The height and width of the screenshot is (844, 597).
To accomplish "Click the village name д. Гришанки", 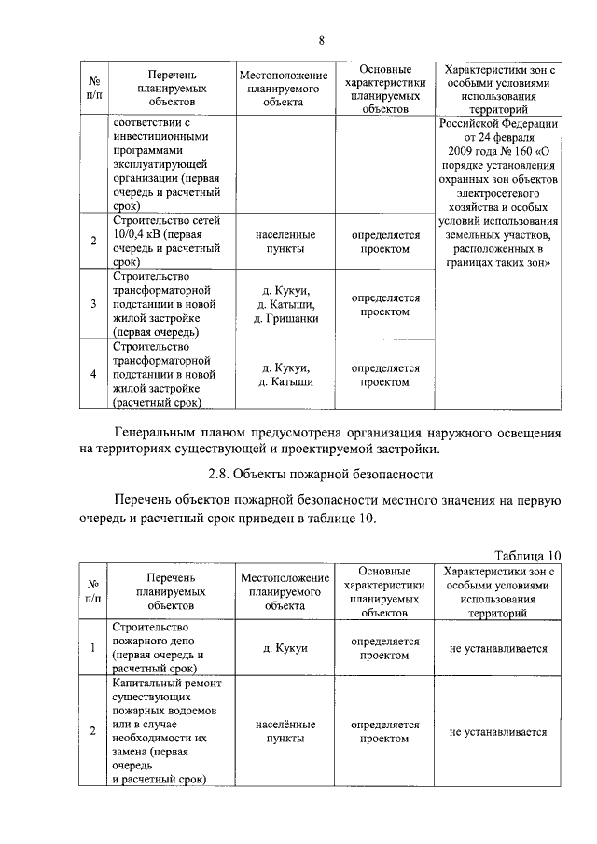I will (285, 318).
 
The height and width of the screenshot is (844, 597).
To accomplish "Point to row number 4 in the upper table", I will (93, 375).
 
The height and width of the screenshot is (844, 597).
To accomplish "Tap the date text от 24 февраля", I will (499, 137).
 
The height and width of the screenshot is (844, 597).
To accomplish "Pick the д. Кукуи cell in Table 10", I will (285, 647).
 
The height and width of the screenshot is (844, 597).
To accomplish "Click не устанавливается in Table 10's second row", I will (497, 732).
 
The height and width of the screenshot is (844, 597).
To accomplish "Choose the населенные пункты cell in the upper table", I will (285, 242).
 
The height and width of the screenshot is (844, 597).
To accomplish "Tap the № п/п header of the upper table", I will (93, 88).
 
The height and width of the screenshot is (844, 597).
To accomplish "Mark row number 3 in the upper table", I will (93, 304).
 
